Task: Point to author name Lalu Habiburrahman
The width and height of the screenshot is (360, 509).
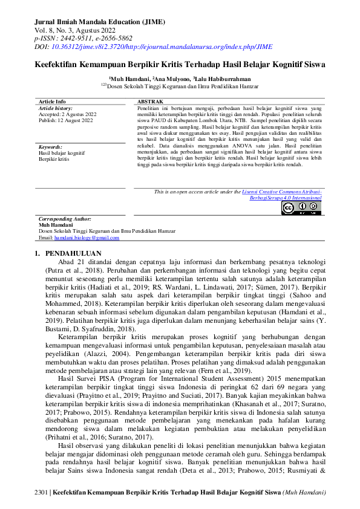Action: [x=220, y=79]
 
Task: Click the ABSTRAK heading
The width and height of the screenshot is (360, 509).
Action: [x=151, y=101]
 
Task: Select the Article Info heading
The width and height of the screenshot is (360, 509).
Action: [x=52, y=101]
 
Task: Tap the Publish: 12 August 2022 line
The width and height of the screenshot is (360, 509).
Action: [x=65, y=120]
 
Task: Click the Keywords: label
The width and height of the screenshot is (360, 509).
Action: [x=50, y=147]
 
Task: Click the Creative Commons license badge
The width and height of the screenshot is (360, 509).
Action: [x=301, y=207]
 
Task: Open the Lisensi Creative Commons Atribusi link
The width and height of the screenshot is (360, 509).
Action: [x=282, y=192]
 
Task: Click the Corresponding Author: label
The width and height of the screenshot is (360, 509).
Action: [x=65, y=219]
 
